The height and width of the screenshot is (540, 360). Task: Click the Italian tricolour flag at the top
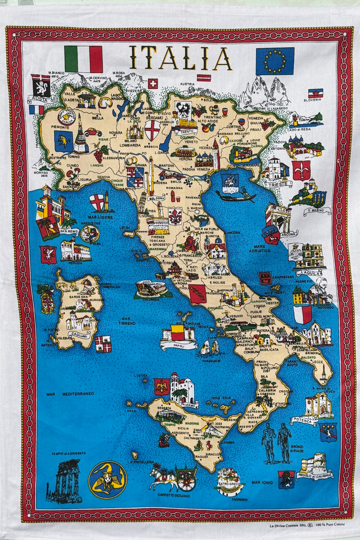pos(83,59)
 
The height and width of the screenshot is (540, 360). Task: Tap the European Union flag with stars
pos(275,61)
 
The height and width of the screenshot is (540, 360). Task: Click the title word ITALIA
pos(180,59)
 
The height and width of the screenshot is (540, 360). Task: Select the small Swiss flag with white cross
pos(153,84)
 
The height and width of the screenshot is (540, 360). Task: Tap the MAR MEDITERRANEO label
pos(70,394)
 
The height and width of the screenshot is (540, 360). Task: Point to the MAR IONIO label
pos(263,482)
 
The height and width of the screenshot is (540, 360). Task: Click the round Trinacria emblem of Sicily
pos(108,480)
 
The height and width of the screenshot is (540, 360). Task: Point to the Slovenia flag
pos(315,94)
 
